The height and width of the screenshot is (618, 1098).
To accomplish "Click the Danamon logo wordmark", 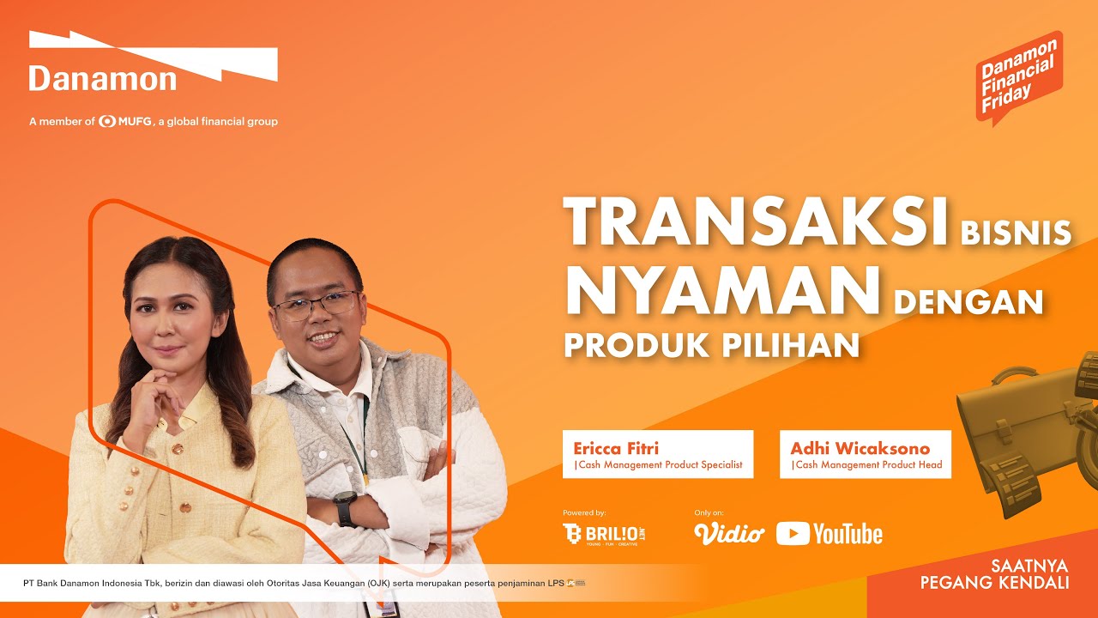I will coord(102,79).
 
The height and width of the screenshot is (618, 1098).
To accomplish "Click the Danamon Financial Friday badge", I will coord(1018,78).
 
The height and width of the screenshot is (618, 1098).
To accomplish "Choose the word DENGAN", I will coord(968,301).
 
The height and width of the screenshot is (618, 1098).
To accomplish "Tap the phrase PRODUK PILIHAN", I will coord(711,344).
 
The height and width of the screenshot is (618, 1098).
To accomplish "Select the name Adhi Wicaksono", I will coord(860,448).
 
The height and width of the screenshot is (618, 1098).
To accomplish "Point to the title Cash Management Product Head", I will coord(867,465).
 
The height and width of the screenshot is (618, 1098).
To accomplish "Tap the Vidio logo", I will coord(728,534).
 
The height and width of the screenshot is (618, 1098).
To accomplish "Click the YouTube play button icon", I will coord(793,534).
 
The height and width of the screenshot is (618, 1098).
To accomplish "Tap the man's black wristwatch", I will coord(346,509).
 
